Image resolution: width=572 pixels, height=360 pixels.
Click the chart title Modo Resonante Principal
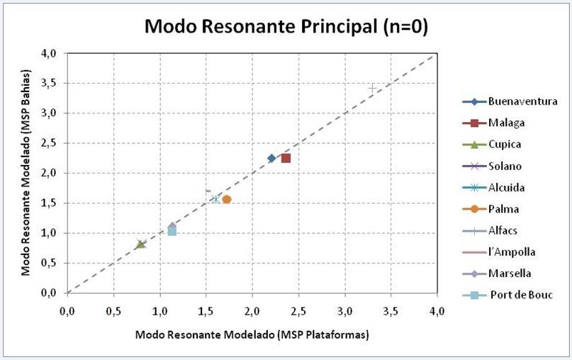click(x=286, y=27)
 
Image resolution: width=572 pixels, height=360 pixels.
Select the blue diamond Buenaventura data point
click(x=271, y=158)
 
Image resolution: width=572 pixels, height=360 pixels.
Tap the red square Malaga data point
click(x=286, y=158)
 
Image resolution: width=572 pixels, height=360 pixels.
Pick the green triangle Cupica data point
click(x=140, y=244)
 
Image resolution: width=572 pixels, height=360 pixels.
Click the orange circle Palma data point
click(x=227, y=199)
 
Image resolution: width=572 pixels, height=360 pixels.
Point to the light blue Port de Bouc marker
click(x=172, y=231)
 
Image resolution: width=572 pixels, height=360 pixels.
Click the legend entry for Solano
click(x=504, y=166)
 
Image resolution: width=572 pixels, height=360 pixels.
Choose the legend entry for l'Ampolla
click(x=511, y=252)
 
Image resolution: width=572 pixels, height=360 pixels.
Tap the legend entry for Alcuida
click(x=507, y=187)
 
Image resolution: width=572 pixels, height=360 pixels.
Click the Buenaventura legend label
click(x=522, y=101)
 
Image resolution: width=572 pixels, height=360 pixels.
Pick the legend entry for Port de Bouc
click(x=521, y=295)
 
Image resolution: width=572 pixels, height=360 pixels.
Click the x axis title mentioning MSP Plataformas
click(x=252, y=334)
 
